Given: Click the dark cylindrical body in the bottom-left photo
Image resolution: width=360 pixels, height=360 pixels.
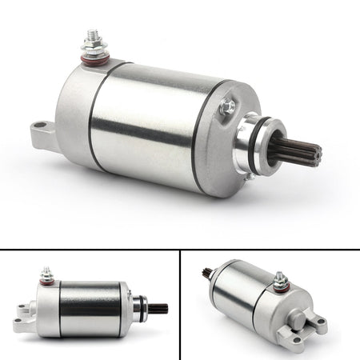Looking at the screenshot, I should click(90, 308).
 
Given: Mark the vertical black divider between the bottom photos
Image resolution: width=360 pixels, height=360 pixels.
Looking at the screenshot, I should click(180, 305).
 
